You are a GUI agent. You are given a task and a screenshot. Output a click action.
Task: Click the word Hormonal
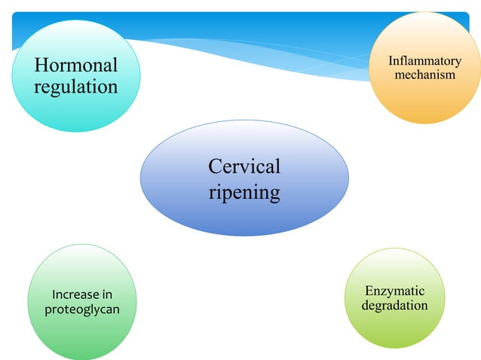tap(75, 66)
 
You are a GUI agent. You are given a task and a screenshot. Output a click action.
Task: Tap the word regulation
tap(75, 87)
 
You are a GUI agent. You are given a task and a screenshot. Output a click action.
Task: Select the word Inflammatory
tap(424, 60)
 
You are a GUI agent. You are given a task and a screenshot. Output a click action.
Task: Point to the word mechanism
tap(424, 75)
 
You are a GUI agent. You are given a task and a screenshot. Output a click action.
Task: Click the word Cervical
tap(244, 166)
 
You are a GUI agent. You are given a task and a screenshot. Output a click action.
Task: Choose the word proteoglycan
tap(82, 310)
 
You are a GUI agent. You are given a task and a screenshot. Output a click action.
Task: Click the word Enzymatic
tap(394, 291)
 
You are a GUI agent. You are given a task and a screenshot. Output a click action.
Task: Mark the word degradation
tap(394, 306)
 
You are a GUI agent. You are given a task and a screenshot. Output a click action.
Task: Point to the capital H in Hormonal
tap(41, 66)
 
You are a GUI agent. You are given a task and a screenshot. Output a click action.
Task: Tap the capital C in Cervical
tap(215, 166)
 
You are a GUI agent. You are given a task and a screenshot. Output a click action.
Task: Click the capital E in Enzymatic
tap(369, 291)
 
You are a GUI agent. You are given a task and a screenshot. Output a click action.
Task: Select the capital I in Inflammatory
tap(391, 60)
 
